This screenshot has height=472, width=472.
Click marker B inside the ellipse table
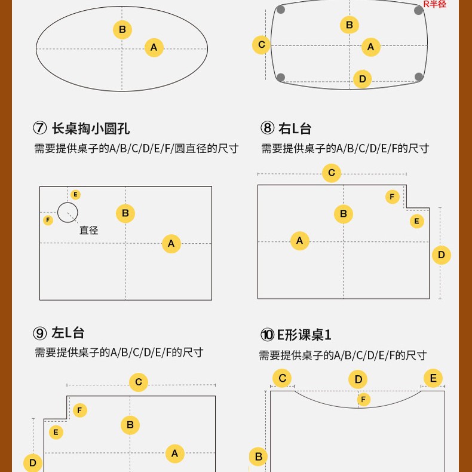[122, 29]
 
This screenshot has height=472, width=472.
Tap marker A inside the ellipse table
[154, 47]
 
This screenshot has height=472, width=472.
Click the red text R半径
[434, 4]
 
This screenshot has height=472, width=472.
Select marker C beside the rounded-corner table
[261, 45]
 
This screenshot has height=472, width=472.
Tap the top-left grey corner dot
[281, 9]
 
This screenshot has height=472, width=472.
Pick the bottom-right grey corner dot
[419, 76]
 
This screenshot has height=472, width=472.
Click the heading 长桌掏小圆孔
[90, 128]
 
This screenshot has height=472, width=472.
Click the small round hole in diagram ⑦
[68, 212]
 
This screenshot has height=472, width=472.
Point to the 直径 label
[88, 230]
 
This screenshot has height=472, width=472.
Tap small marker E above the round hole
[75, 195]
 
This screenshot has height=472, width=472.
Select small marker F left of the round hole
[48, 220]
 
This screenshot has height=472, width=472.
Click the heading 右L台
[295, 128]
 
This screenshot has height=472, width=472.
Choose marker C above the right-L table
[331, 174]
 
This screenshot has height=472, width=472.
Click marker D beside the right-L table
[442, 255]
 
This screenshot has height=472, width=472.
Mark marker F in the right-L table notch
[393, 197]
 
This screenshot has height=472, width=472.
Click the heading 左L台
[68, 333]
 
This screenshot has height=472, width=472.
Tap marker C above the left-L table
[138, 382]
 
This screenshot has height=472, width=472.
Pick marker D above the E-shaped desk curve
[358, 379]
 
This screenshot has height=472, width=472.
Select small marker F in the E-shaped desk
[363, 400]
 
